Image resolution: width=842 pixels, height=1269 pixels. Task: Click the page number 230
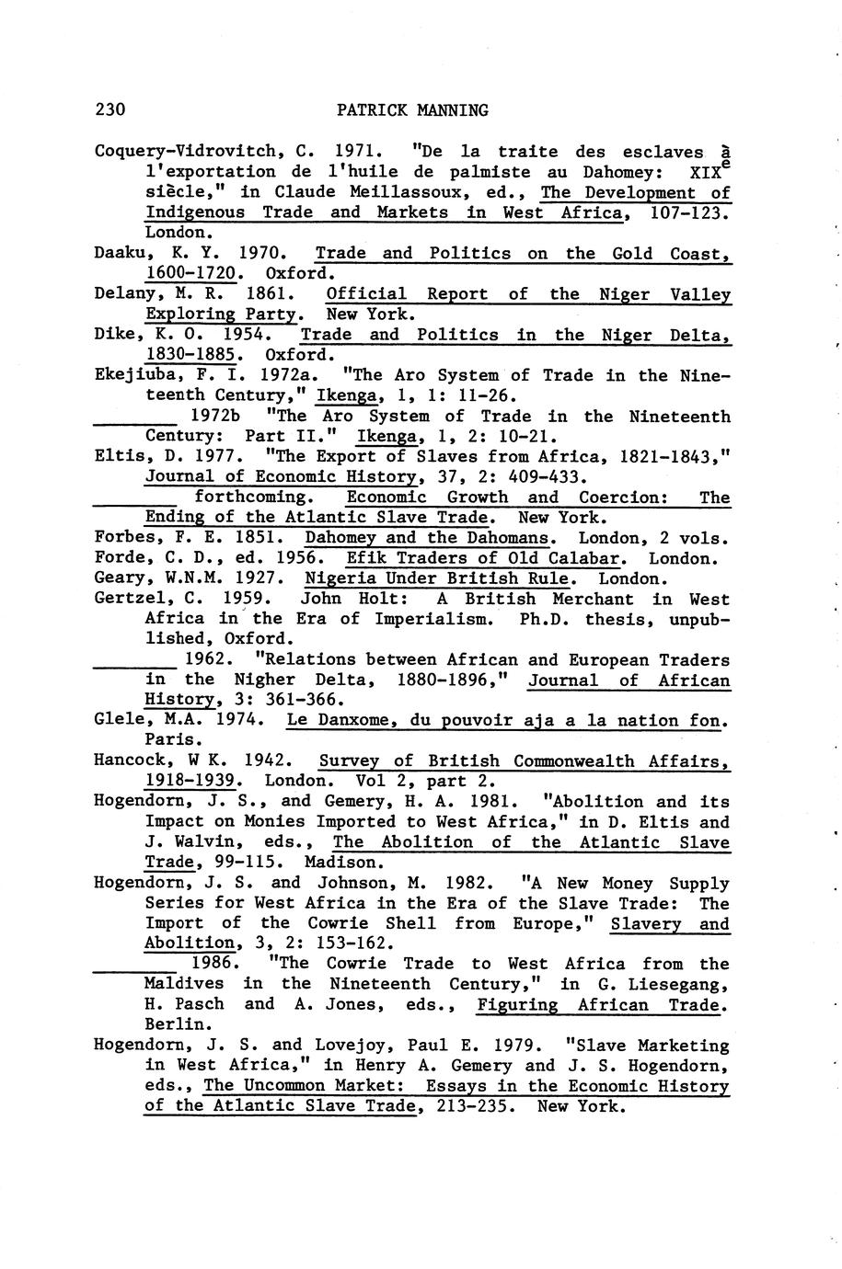pyautogui.click(x=110, y=110)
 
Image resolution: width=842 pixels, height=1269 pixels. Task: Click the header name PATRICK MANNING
pyautogui.click(x=412, y=110)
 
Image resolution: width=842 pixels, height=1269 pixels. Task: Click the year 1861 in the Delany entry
pyautogui.click(x=269, y=294)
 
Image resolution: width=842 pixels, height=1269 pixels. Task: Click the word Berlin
pyautogui.click(x=169, y=1023)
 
